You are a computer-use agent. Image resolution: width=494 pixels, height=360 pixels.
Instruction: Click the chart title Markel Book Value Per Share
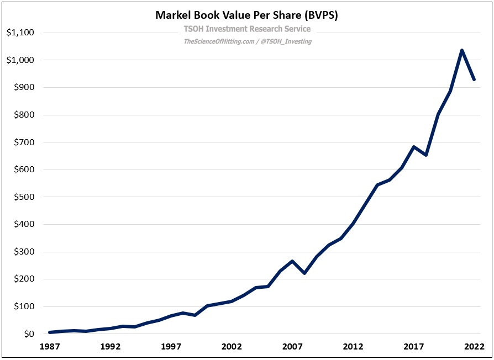click(x=246, y=15)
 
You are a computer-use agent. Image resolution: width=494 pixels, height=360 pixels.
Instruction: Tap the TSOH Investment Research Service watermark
click(x=246, y=29)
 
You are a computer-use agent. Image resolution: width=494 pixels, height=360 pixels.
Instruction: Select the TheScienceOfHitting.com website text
click(x=218, y=41)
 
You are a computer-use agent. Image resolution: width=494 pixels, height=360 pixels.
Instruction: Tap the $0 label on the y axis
click(x=28, y=334)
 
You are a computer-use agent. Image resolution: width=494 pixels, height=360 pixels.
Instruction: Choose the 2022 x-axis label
click(x=474, y=347)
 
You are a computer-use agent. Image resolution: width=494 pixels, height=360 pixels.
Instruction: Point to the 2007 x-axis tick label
click(x=292, y=347)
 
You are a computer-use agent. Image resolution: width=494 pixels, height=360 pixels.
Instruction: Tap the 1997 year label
click(x=171, y=347)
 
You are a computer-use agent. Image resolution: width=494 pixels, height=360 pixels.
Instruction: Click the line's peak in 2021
click(x=462, y=50)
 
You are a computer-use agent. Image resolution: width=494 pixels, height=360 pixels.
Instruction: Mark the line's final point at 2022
click(x=474, y=80)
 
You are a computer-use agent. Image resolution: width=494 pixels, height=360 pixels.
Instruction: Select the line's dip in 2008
click(x=304, y=273)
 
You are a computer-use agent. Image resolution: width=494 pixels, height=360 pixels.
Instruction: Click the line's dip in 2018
click(x=425, y=155)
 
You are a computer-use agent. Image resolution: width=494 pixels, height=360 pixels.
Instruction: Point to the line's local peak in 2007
click(x=292, y=261)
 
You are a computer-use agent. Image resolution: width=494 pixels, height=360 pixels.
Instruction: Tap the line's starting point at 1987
click(x=50, y=332)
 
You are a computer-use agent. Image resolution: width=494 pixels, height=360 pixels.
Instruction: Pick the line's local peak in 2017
click(x=413, y=147)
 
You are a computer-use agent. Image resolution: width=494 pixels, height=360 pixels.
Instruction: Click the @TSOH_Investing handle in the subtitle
click(x=286, y=41)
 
